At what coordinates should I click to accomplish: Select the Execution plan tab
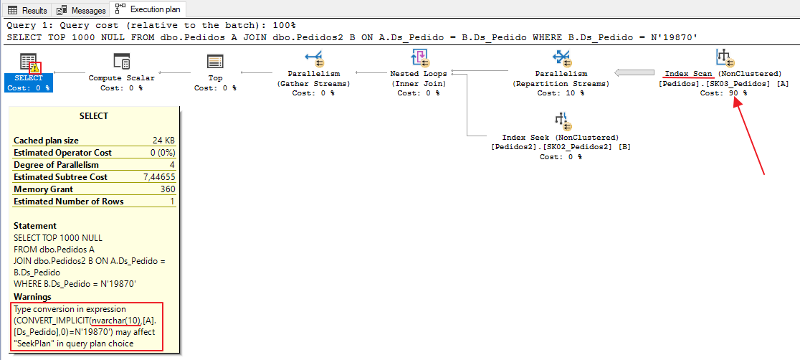[148, 10]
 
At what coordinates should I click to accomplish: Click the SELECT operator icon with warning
[29, 62]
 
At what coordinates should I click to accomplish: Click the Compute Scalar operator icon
[121, 61]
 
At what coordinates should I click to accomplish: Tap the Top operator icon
[214, 61]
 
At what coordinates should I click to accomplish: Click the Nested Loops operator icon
[419, 58]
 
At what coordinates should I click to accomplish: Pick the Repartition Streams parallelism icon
[561, 58]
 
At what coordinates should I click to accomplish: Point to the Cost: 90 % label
[723, 93]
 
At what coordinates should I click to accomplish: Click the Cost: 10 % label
[560, 93]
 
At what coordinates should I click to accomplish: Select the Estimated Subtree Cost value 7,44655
[158, 177]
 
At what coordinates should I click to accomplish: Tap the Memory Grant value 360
[167, 189]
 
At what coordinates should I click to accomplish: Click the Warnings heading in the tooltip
[32, 297]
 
